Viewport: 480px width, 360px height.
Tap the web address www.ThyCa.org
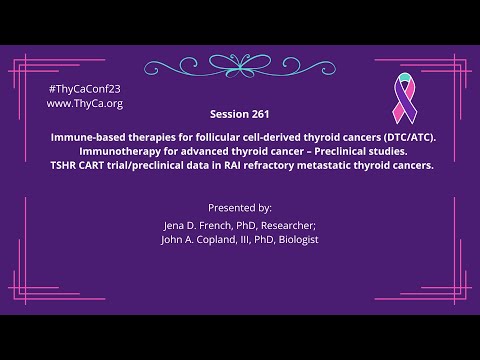84,103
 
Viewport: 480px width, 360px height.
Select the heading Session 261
239,114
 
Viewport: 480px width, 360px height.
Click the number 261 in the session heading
257,114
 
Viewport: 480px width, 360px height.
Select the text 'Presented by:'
239,208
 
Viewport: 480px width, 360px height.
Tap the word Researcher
288,226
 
